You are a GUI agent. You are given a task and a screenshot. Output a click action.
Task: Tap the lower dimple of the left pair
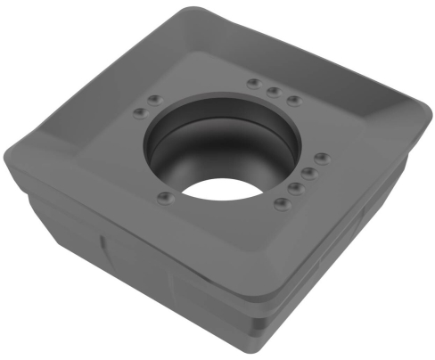[138, 111]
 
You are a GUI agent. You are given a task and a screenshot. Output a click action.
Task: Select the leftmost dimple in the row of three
[254, 84]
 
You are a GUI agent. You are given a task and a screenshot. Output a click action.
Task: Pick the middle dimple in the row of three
[273, 91]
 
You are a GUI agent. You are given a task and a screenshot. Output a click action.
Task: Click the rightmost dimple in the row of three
[292, 99]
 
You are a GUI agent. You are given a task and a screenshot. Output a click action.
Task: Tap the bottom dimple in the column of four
[283, 204]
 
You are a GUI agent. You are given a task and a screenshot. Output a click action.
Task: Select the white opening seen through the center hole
[217, 189]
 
